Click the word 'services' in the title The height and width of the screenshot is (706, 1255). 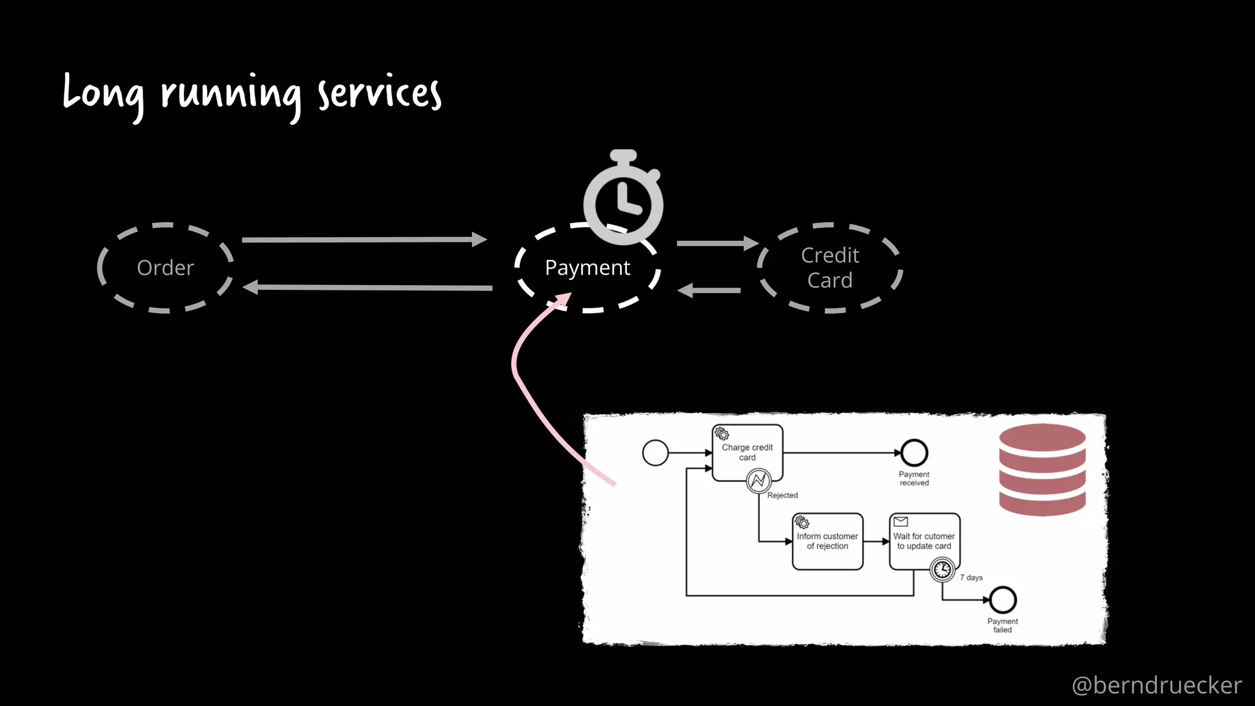[379, 94]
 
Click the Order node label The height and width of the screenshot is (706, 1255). [165, 268]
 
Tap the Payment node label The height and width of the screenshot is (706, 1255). [587, 268]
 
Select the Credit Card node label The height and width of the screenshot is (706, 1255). [830, 268]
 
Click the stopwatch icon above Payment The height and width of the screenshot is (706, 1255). [623, 199]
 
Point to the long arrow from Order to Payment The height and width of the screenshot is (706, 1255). [364, 240]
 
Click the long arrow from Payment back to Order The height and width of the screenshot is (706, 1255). [368, 287]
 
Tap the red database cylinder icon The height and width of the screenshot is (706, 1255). [1042, 469]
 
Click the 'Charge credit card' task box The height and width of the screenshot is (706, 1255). [747, 452]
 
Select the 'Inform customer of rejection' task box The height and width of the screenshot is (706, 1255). [827, 541]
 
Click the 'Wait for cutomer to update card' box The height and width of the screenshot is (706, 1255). [923, 541]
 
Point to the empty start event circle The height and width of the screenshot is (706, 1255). [655, 453]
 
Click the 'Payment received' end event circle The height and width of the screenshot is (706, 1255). [914, 453]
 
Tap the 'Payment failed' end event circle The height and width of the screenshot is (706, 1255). [1003, 600]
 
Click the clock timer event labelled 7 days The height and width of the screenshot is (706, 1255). [942, 570]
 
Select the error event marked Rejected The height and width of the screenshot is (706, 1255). [759, 481]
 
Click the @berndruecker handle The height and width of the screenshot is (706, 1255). [1156, 685]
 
